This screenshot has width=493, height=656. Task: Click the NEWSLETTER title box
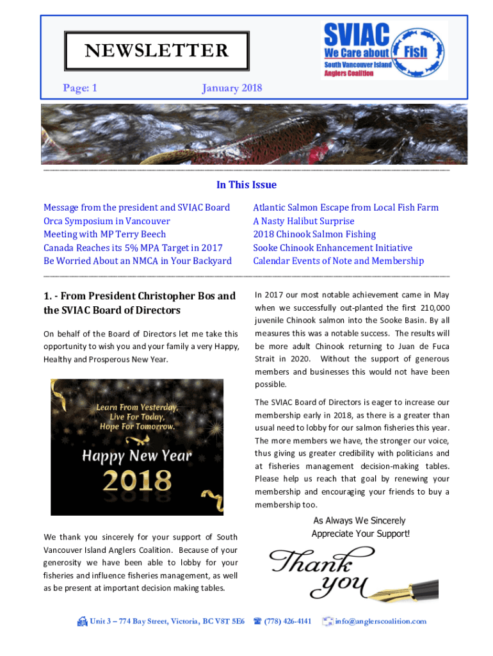[147, 51]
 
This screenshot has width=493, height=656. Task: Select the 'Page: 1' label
[80, 88]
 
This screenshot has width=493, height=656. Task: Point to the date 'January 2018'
[232, 88]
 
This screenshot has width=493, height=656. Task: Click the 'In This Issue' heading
[247, 185]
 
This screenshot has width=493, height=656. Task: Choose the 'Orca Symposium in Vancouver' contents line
[107, 221]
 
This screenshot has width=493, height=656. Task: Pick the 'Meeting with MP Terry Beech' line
[104, 234]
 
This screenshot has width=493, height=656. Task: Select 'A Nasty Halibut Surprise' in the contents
[303, 221]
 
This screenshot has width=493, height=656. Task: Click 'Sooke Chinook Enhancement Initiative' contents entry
[332, 248]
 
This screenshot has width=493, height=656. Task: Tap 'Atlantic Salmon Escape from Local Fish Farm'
[346, 208]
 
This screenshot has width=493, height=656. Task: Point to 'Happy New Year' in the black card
[137, 455]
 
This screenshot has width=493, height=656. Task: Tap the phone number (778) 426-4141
[287, 621]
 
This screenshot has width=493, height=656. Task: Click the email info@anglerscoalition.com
[380, 621]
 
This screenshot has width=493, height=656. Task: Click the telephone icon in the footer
[257, 621]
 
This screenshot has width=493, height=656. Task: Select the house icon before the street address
[82, 621]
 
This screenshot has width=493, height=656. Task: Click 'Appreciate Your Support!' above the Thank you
[360, 534]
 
